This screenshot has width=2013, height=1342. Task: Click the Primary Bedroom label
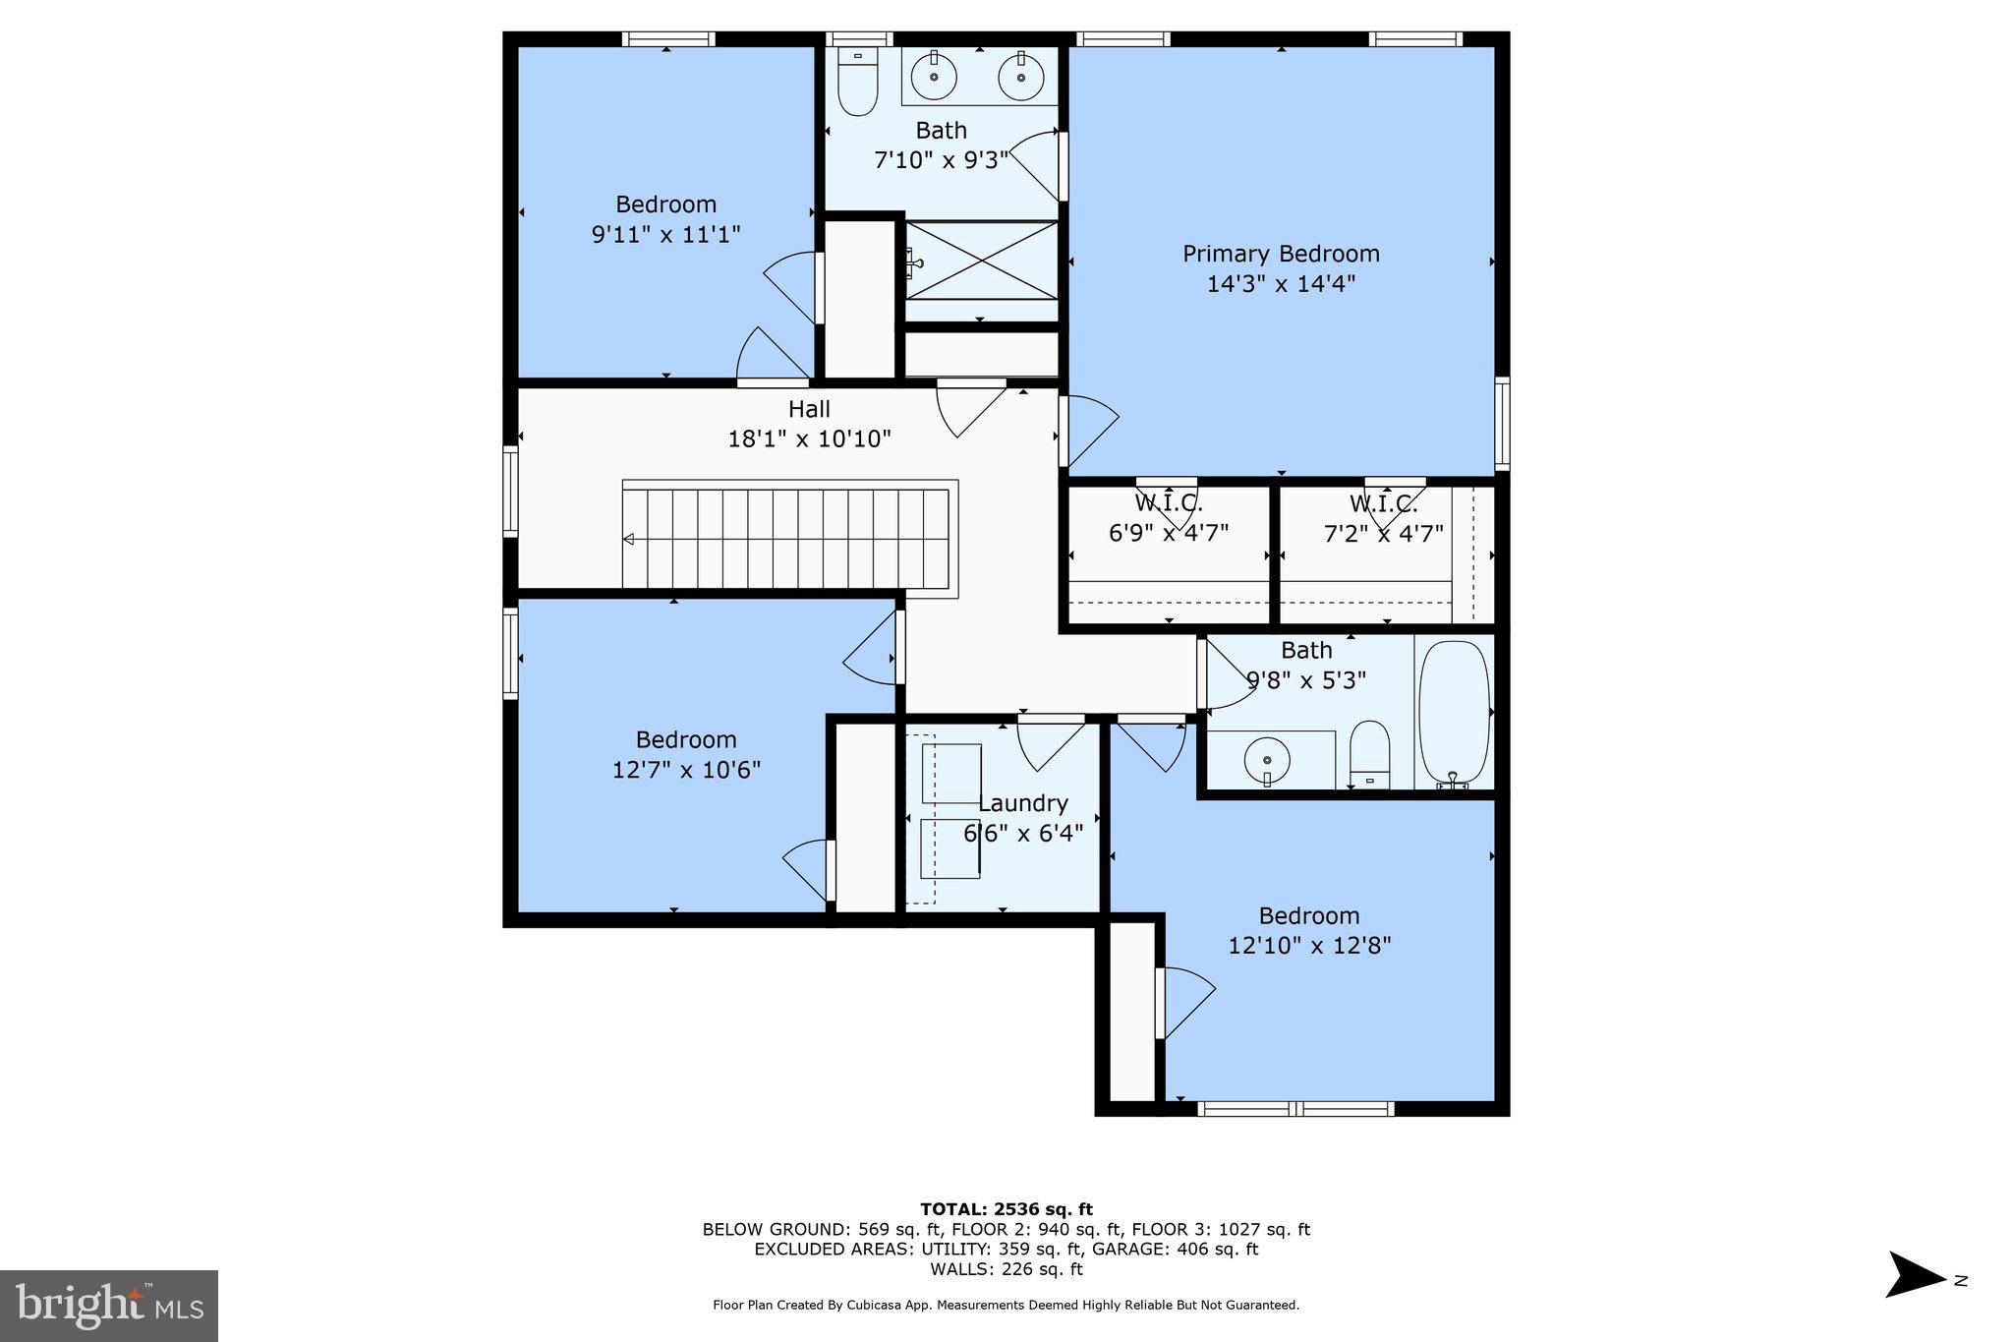(x=1281, y=254)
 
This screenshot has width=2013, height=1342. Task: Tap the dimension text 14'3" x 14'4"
(x=1281, y=284)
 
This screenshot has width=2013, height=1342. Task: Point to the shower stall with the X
(x=981, y=261)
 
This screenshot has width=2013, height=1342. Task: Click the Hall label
(x=809, y=409)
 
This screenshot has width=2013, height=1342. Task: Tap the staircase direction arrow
(x=629, y=539)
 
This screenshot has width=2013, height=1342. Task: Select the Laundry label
(x=1022, y=803)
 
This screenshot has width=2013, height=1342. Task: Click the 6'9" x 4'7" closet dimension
(x=1169, y=533)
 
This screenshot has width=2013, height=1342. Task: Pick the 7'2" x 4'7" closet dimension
(x=1383, y=533)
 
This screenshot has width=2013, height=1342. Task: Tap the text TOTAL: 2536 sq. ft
(x=1006, y=1209)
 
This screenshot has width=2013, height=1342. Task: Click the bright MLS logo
(x=109, y=1306)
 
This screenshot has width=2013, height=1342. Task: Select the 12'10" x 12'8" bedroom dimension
(x=1309, y=946)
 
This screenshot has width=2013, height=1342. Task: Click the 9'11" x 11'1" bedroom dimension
(x=665, y=235)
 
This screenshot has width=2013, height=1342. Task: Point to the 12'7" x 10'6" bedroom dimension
(x=686, y=770)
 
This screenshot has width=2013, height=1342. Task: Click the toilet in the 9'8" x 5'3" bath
(x=1369, y=755)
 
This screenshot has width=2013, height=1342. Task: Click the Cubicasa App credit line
(x=1006, y=1305)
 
